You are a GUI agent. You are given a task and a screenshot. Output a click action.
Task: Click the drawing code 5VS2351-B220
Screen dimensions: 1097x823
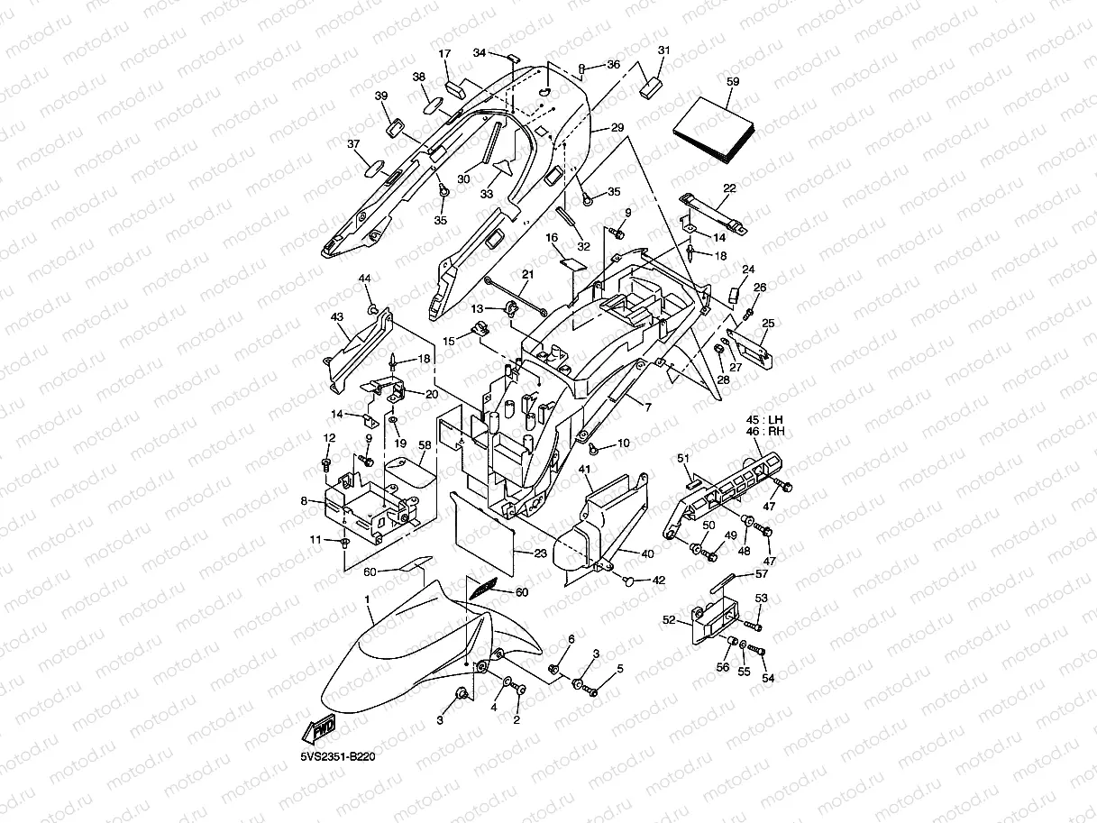coord(338,756)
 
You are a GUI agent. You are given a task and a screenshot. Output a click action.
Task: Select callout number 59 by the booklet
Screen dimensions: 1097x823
coord(733,81)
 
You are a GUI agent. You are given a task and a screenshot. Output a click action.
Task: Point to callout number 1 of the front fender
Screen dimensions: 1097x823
coord(368,599)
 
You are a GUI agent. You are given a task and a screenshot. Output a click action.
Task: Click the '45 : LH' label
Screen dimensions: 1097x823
coord(764,420)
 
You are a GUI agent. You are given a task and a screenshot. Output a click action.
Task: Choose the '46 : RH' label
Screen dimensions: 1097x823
coord(765,431)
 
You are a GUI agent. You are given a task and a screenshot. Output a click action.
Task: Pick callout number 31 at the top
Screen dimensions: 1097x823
coord(663,50)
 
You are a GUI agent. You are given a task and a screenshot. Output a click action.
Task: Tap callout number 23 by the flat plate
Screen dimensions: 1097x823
coord(540,553)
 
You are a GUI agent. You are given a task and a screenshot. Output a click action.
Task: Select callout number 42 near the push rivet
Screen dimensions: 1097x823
coord(659,581)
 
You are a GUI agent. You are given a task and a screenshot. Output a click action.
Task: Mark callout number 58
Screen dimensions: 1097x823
coord(425,445)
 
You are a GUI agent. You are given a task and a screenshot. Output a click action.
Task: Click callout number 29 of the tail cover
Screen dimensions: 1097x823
coord(617,127)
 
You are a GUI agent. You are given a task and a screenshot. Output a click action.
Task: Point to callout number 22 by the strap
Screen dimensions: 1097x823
coord(729,188)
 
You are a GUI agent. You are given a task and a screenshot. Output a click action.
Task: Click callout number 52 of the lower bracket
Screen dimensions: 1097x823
coord(669,620)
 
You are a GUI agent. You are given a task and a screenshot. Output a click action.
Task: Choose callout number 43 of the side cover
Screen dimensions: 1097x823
coord(337,316)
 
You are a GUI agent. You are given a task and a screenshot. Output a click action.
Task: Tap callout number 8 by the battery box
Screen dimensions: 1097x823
coord(304,500)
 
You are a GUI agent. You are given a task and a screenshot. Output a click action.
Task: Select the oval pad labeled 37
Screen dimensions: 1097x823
coord(374,169)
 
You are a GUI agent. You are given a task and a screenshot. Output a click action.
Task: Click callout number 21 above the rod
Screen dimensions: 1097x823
coord(527,274)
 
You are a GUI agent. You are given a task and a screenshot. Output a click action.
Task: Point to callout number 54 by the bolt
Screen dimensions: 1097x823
coord(768,678)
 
